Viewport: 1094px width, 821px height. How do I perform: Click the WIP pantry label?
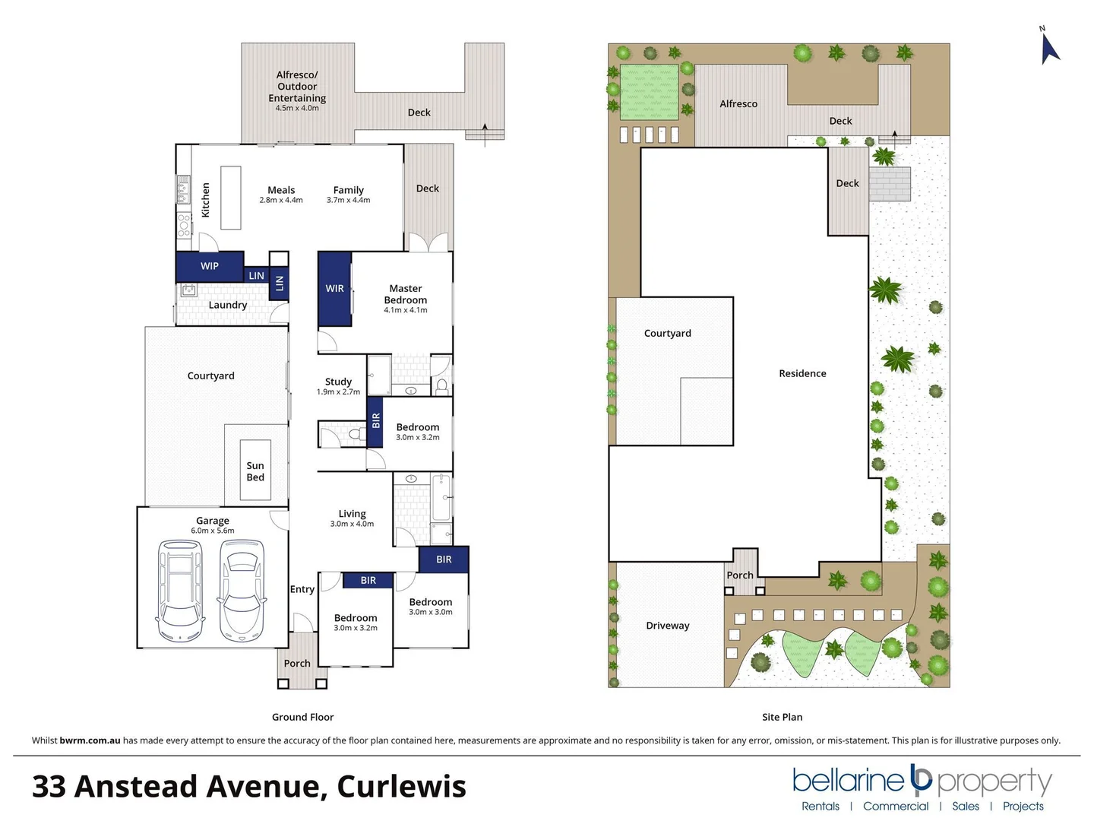[x=210, y=266]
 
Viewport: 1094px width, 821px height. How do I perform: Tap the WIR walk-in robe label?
[x=335, y=289]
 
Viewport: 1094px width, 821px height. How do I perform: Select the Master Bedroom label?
[x=406, y=294]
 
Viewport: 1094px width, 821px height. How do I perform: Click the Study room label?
[x=338, y=382]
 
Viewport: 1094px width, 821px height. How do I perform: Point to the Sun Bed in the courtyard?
[x=255, y=471]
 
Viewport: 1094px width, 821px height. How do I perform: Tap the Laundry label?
[x=228, y=305]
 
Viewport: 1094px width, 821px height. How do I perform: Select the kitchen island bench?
[x=231, y=198]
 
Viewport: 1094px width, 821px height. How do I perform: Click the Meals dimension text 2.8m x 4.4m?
[x=281, y=201]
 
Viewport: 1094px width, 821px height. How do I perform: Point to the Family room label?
[x=348, y=190]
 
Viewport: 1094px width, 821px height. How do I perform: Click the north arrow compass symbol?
[x=1049, y=47]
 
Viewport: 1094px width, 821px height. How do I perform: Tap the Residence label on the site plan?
[x=802, y=373]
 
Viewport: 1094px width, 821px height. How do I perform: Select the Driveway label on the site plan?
[x=668, y=626]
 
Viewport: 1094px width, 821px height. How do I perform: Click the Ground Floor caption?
[x=302, y=717]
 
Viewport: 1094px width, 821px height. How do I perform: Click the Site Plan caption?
[x=782, y=717]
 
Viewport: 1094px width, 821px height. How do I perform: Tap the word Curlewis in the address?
[x=401, y=787]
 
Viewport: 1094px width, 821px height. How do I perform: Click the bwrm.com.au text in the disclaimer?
[x=90, y=740]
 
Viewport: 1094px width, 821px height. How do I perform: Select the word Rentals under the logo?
[x=820, y=807]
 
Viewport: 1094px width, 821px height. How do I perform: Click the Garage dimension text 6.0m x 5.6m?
[x=213, y=531]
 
